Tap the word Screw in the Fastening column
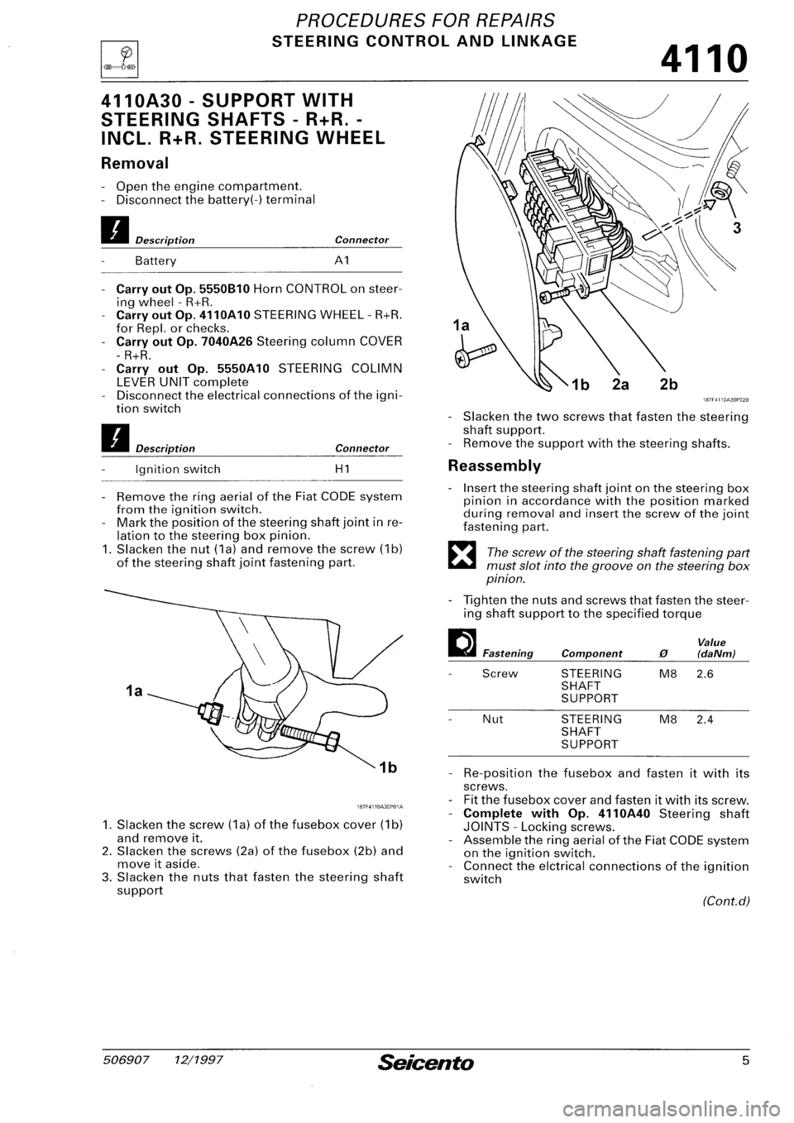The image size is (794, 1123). (x=500, y=673)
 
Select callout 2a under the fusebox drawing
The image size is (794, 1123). (x=615, y=384)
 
